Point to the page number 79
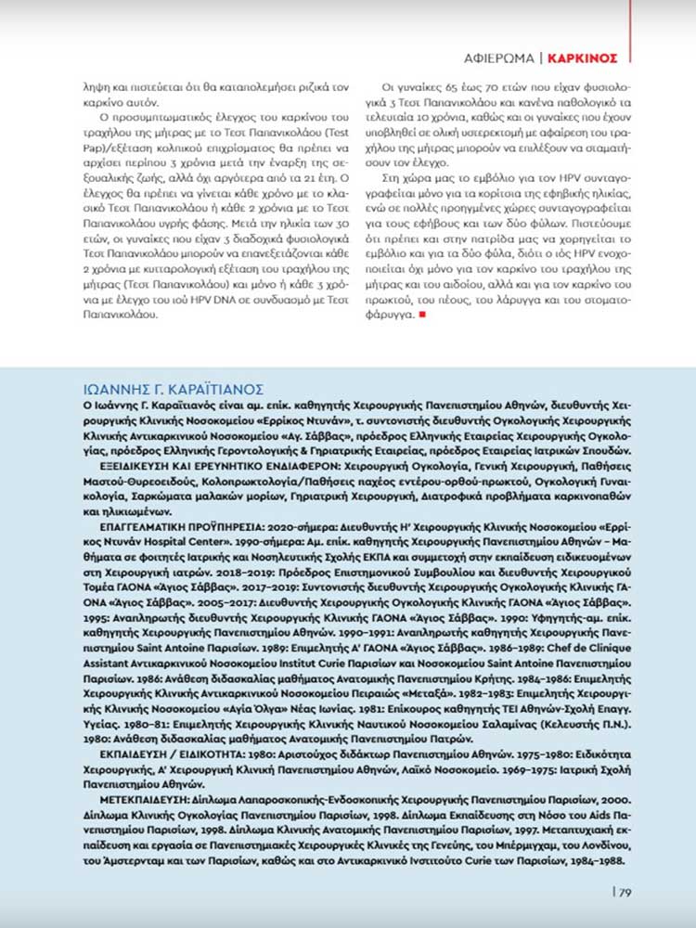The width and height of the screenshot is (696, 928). click(x=624, y=893)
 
